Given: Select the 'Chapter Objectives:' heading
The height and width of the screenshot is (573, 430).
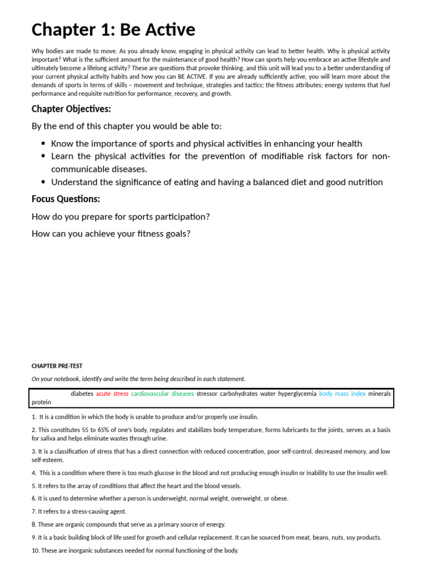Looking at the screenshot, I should tap(71, 109).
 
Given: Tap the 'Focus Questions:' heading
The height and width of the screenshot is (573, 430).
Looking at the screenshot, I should tap(66, 199).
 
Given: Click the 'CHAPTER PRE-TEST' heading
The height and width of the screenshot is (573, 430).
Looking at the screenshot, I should tap(57, 366).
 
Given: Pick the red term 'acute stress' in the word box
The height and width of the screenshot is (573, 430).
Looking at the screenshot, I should tap(112, 394).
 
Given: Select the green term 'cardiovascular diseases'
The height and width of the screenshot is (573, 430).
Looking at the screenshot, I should tap(162, 394).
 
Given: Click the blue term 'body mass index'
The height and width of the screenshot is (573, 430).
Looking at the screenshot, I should tap(342, 394).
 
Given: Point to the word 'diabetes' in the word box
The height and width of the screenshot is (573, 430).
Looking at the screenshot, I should tap(82, 394).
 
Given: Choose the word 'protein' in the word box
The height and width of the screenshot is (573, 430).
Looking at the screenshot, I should tap(41, 402).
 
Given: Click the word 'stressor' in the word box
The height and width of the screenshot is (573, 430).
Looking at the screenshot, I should tap(207, 394).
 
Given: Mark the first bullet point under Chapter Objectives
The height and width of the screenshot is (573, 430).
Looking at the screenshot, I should tap(43, 144).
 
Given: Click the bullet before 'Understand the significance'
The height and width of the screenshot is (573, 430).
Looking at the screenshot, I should tap(43, 182).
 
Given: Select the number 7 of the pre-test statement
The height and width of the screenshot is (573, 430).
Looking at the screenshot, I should tap(34, 511).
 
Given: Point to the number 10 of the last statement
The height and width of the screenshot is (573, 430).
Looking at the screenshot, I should tap(35, 551).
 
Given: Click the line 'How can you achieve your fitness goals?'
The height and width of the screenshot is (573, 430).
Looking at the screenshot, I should tap(111, 233).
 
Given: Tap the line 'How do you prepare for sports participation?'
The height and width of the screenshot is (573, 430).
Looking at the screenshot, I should tap(120, 217).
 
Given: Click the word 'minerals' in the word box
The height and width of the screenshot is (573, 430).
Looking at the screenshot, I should tap(379, 394).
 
